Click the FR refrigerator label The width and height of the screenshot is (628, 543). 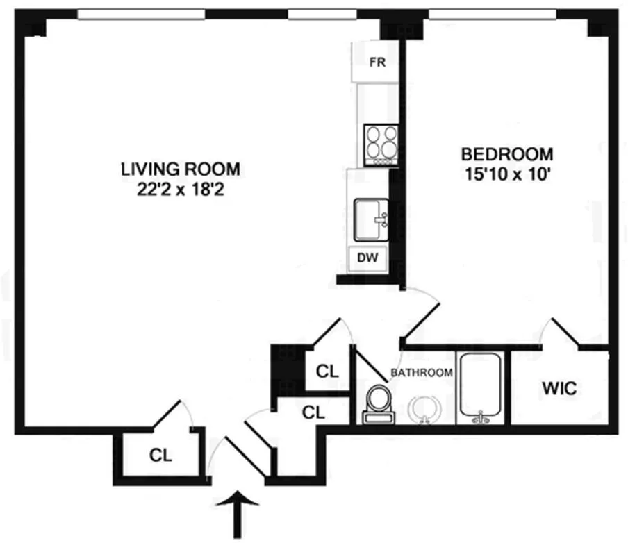pos(377,62)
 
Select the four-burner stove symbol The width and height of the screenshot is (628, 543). pos(381,143)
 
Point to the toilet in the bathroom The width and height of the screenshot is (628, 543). pos(379,403)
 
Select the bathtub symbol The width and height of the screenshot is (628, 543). pos(482,387)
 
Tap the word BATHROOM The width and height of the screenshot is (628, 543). pos(422,373)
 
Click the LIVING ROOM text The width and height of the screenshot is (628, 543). pos(181,169)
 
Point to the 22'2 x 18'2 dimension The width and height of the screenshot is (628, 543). pos(181,187)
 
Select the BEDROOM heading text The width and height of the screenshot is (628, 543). pos(507,153)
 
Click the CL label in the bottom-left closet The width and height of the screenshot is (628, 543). pos(160,456)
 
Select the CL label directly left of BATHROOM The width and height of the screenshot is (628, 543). pos(327,371)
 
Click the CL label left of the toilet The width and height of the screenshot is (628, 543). pos(314,412)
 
